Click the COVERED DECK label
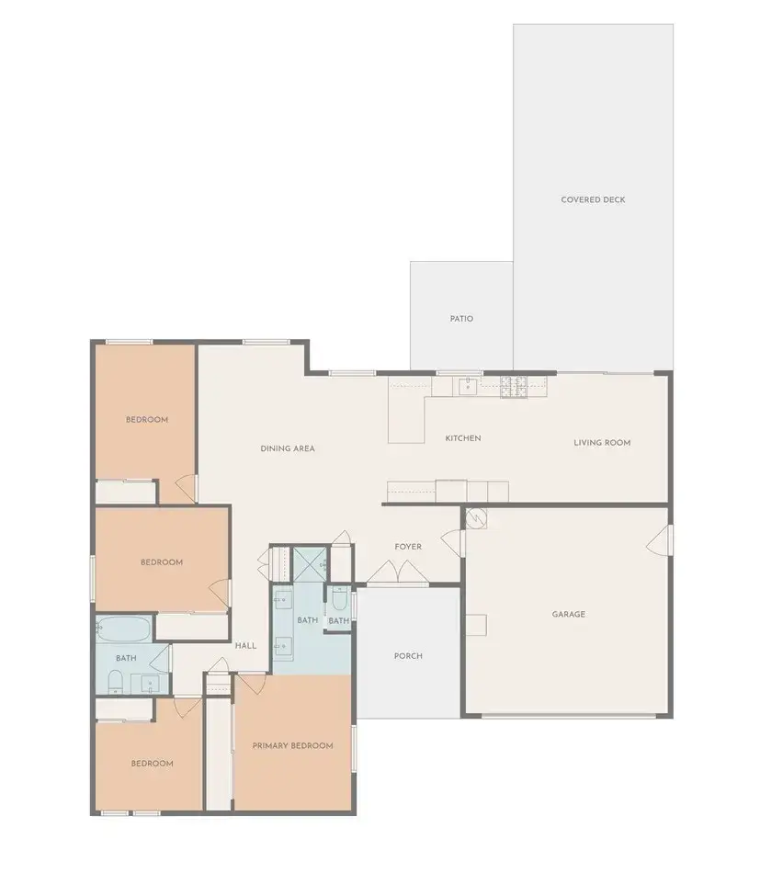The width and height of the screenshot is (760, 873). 593,199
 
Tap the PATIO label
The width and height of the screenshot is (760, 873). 461,319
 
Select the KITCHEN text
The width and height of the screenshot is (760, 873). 463,438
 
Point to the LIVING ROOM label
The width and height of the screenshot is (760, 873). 602,443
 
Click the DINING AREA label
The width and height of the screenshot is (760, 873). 288,448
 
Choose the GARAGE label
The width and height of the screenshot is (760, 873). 568,614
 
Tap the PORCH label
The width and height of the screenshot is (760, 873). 408,656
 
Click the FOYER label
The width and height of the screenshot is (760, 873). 408,547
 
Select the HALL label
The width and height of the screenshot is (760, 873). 245,646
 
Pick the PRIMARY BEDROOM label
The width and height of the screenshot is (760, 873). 292,745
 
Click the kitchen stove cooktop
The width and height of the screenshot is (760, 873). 512,386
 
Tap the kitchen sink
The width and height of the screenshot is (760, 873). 468,385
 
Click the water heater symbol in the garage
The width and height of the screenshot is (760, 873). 476,518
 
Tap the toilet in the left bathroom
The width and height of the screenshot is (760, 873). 114,681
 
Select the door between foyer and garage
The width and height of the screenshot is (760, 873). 451,541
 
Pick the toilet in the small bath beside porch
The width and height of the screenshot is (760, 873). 338,601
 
